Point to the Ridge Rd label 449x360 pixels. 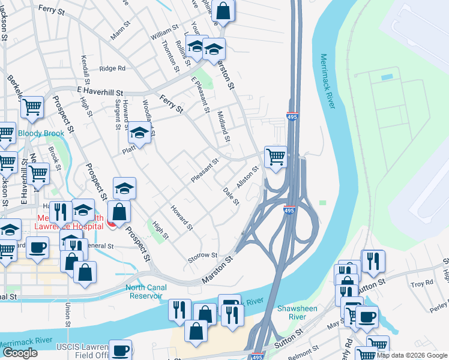pyautogui.click(x=112, y=68)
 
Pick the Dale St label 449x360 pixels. pyautogui.click(x=231, y=196)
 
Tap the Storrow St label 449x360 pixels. pyautogui.click(x=202, y=256)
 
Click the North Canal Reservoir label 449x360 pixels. pyautogui.click(x=145, y=291)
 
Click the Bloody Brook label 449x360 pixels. pyautogui.click(x=40, y=133)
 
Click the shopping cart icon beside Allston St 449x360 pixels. pyautogui.click(x=276, y=157)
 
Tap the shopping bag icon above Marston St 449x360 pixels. pyautogui.click(x=223, y=10)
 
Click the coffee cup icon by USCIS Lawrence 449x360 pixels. pyautogui.click(x=121, y=350)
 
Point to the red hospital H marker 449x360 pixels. pyautogui.click(x=110, y=224)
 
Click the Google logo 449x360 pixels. pyautogui.click(x=20, y=353)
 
